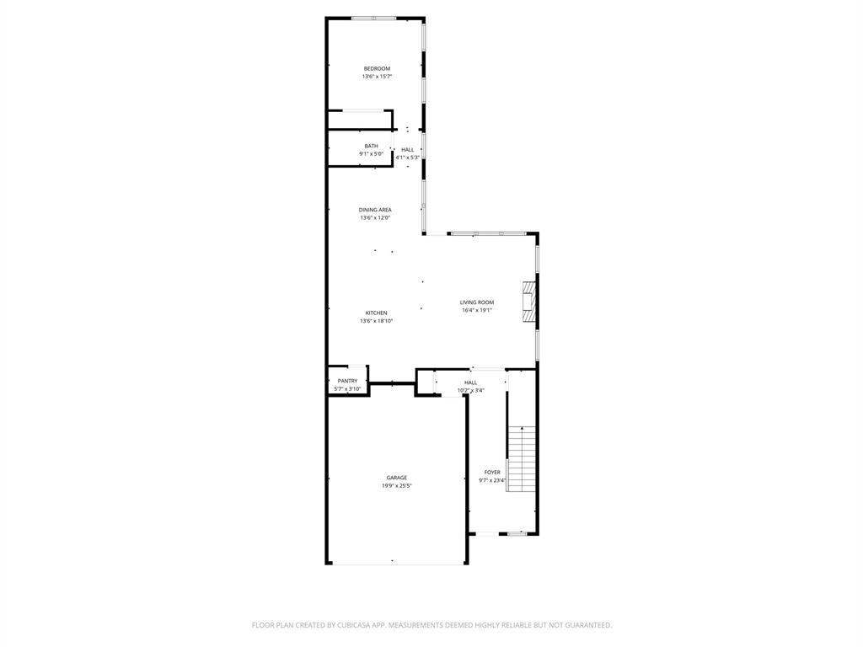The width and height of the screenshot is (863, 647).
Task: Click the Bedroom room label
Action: (377, 68)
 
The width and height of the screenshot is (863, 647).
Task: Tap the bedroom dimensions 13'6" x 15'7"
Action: (377, 77)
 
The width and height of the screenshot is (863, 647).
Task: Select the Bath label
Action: (371, 146)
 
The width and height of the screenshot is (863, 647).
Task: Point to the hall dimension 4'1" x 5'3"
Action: (407, 158)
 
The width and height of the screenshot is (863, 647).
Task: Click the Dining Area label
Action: (375, 210)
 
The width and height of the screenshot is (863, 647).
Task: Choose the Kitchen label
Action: (376, 313)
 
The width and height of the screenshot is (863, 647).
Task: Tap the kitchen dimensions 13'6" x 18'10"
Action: (376, 321)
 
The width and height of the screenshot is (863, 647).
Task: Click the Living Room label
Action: (476, 302)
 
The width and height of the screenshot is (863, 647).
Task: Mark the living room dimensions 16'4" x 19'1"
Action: (476, 310)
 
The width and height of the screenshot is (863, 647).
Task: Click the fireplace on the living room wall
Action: (528, 302)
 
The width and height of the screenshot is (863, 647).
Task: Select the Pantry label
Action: (347, 381)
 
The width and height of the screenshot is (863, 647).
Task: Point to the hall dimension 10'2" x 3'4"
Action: (470, 390)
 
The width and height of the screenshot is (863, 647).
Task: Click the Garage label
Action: (396, 478)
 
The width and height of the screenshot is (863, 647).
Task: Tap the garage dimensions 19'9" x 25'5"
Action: (396, 486)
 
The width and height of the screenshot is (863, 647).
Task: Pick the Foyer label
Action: (492, 473)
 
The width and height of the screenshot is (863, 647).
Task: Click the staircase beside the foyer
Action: (522, 458)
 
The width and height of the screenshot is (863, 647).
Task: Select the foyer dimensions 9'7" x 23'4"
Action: (492, 480)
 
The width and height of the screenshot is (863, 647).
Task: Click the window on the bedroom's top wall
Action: (375, 18)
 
